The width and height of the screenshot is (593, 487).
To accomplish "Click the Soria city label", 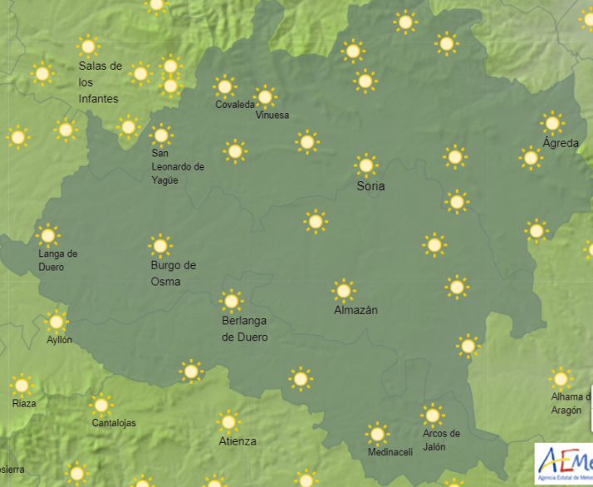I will click(370, 186).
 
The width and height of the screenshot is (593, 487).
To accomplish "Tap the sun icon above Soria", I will click(366, 165).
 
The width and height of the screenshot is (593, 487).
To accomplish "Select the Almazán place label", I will click(355, 310).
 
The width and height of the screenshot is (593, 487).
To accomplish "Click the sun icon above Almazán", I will click(344, 290).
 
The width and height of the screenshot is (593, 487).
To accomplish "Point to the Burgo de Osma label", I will click(173, 273).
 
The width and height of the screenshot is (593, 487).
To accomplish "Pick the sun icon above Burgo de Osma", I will click(159, 245).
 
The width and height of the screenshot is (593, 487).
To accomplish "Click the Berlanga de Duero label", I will click(245, 329).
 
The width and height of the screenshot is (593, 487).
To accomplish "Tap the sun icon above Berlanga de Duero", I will click(231, 301).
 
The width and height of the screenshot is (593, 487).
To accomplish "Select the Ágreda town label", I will click(561, 143).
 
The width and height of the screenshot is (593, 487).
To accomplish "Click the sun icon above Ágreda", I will click(552, 123).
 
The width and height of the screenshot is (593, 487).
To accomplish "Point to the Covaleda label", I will click(235, 105).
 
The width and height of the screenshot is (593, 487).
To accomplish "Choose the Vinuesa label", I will click(273, 115).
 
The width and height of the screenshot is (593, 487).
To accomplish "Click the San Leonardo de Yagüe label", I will click(178, 166).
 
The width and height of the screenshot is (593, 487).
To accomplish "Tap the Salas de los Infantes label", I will click(100, 82).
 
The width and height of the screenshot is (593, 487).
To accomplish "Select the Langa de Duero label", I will click(58, 260).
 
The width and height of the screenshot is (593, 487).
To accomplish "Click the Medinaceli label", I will click(390, 452).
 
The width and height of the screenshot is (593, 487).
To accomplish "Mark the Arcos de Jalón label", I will click(441, 440).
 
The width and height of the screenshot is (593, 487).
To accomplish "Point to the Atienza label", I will click(238, 441).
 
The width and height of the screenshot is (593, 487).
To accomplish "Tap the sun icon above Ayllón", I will click(56, 321).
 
